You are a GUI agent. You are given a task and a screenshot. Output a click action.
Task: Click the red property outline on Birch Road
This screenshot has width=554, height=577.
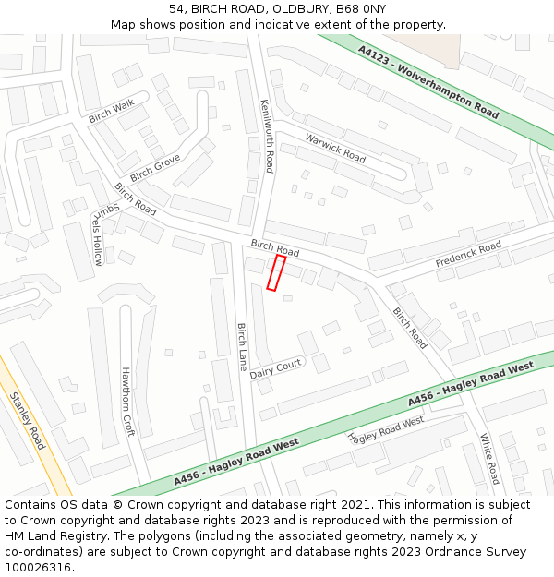coord(276,273)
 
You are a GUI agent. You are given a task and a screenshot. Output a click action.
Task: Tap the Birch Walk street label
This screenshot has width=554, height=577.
coord(111,112)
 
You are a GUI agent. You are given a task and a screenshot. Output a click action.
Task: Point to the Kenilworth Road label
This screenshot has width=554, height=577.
coord(267,136)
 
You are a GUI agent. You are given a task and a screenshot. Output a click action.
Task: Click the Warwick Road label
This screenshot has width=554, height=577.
coord(335,149)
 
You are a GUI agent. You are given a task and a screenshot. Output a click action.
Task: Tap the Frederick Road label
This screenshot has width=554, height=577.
coord(468,256)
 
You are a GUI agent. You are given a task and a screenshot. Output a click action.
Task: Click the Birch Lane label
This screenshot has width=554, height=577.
coord(242,347)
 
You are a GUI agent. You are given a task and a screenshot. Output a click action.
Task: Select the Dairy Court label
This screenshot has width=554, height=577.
coord(276,368)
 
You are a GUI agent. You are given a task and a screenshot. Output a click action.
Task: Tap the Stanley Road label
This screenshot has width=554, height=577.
coord(28,421)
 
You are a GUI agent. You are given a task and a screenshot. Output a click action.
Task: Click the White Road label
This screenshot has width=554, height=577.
coord(488,459)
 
